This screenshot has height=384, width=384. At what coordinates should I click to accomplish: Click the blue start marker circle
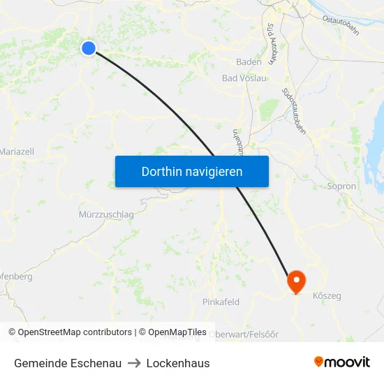(x=88, y=47)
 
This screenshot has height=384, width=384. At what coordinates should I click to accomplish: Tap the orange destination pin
(x=297, y=281)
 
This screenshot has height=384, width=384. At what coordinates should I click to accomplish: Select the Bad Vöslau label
(x=244, y=78)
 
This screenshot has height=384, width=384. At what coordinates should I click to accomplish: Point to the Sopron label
(x=341, y=186)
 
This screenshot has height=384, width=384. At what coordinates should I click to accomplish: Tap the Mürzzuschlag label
(x=107, y=214)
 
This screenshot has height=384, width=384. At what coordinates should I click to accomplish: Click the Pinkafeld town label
(x=221, y=302)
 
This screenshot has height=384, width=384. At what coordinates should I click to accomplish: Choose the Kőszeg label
(x=327, y=296)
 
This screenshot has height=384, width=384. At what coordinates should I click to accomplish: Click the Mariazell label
(x=17, y=152)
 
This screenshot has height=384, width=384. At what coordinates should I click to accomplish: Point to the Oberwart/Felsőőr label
(x=244, y=334)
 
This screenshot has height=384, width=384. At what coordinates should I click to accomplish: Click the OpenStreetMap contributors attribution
(x=74, y=332)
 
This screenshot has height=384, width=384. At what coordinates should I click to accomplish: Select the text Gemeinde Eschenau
(x=68, y=363)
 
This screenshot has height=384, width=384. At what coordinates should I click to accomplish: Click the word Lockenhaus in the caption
(x=178, y=363)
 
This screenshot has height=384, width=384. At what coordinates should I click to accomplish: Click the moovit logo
(x=342, y=362)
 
